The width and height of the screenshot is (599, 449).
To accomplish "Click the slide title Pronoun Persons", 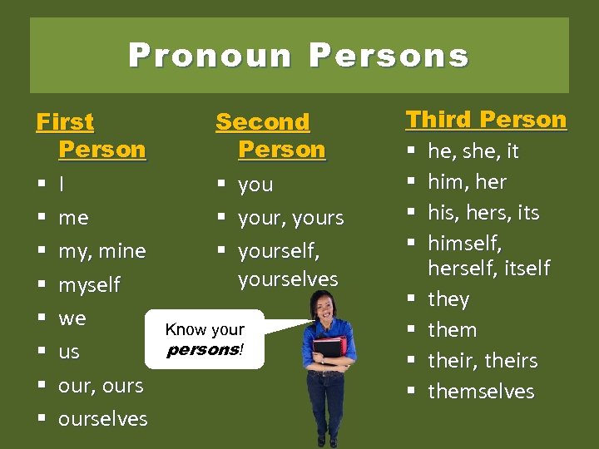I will [x=299, y=56].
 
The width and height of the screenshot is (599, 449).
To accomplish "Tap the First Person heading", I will [x=91, y=136].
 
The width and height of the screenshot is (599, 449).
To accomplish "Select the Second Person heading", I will [x=270, y=136].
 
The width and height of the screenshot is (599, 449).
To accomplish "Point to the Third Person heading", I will [x=486, y=120].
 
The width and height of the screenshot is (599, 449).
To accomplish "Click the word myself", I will [x=89, y=285].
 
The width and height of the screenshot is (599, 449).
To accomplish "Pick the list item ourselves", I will [x=102, y=419].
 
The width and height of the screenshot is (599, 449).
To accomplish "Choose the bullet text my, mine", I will [x=101, y=251].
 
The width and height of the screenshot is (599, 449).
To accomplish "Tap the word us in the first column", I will [x=69, y=353].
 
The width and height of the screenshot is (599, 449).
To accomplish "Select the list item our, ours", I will [x=101, y=386].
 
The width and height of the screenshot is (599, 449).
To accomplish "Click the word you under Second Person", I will [x=255, y=185].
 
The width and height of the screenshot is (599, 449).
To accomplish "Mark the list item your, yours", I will [x=290, y=219].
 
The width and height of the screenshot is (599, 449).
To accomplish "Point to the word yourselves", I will [x=288, y=279].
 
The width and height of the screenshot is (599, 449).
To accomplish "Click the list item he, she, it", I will [x=473, y=151].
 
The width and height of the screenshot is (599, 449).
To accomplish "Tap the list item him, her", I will [x=467, y=182].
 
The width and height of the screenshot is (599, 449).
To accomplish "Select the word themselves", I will [x=481, y=392].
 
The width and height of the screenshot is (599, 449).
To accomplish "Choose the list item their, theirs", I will [x=483, y=361].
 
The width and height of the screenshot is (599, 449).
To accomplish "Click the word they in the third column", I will [x=448, y=299].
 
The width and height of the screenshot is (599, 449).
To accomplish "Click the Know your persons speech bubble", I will [x=205, y=339].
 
